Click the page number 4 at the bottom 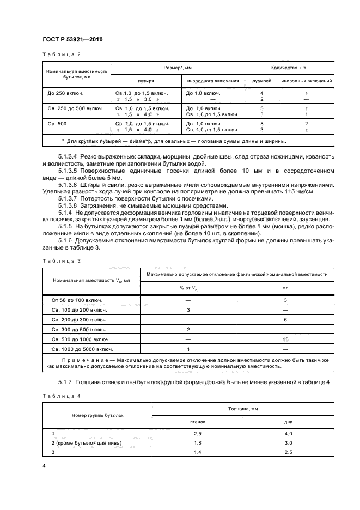[44, 465]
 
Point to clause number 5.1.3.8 [68, 205]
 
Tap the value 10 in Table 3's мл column [285, 338]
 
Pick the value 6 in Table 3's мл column [285, 319]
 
